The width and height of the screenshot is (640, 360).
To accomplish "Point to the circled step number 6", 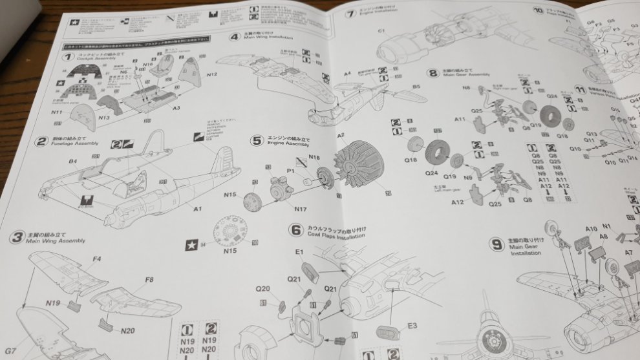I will (x=295, y=229).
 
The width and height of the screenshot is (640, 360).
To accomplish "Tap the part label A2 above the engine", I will (x=341, y=136).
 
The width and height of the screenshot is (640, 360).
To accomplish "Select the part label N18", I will (x=314, y=157).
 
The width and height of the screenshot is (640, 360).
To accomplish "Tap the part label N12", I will (x=211, y=75).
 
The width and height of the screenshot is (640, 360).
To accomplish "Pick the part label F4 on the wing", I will (x=96, y=259).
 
